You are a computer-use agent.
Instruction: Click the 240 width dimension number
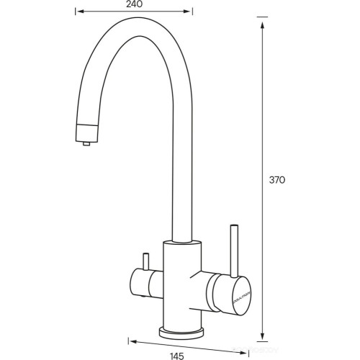point(133,4)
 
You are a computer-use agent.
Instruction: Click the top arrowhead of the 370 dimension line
point(261,17)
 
